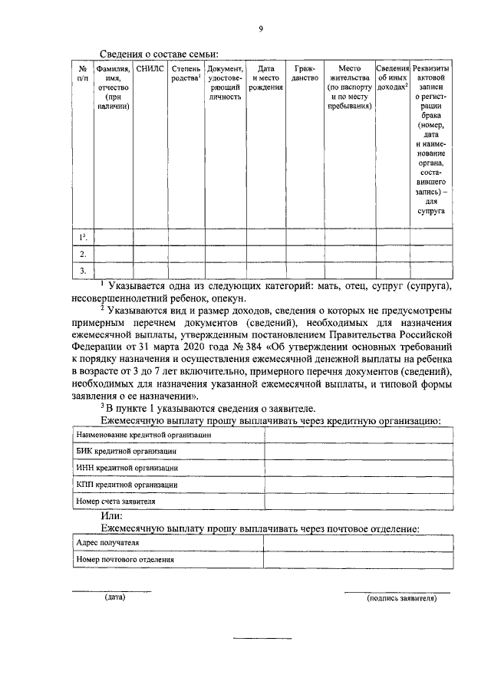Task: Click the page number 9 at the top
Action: pos(260,29)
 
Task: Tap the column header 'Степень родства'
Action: pos(186,74)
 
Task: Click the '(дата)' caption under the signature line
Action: pos(114,597)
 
